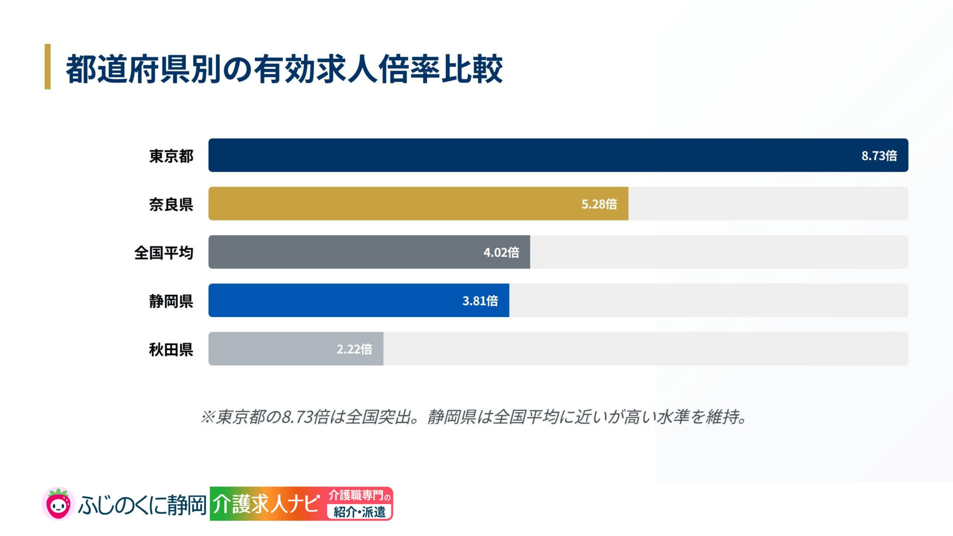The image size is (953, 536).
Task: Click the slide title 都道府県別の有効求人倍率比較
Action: pyautogui.click(x=284, y=69)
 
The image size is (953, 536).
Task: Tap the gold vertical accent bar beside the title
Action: pyautogui.click(x=48, y=67)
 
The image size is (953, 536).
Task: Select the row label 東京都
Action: pyautogui.click(x=171, y=156)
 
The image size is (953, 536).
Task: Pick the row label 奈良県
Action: pyautogui.click(x=171, y=204)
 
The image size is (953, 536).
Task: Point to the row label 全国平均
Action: pyautogui.click(x=164, y=253)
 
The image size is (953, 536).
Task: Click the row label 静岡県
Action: pyautogui.click(x=171, y=301)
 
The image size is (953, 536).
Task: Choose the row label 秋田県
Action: pyautogui.click(x=171, y=350)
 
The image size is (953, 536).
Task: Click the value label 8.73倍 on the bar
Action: pyautogui.click(x=879, y=156)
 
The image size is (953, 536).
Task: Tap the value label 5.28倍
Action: pyautogui.click(x=599, y=204)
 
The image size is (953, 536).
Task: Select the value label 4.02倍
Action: pyautogui.click(x=501, y=252)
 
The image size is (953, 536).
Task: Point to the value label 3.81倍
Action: pyautogui.click(x=480, y=301)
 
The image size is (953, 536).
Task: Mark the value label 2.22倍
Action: pyautogui.click(x=354, y=349)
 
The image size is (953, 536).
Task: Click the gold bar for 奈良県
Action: pyautogui.click(x=418, y=204)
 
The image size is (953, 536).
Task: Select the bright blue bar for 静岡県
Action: pyautogui.click(x=359, y=300)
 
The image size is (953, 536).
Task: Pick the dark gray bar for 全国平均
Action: pyautogui.click(x=369, y=252)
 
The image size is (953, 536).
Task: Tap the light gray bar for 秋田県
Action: pyautogui.click(x=296, y=349)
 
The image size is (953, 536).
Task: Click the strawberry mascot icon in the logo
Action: pyautogui.click(x=58, y=504)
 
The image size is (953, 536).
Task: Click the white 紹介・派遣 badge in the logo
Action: pyautogui.click(x=359, y=512)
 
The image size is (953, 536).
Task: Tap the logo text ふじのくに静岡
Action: pyautogui.click(x=142, y=505)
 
